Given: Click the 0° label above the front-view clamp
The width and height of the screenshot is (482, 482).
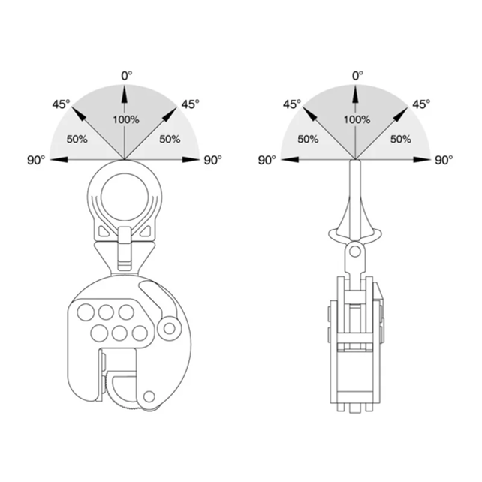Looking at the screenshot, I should [125, 75].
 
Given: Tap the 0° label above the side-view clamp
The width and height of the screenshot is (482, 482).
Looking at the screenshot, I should [357, 75].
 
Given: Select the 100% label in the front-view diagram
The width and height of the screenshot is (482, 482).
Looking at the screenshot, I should [125, 119].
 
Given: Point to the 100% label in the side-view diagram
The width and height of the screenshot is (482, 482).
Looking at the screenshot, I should [357, 119].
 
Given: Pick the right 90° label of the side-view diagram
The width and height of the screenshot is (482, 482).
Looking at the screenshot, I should [445, 160].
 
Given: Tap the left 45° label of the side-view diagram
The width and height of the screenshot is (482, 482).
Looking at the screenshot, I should [292, 104].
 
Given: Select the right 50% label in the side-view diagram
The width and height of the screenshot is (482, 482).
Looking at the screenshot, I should [400, 139].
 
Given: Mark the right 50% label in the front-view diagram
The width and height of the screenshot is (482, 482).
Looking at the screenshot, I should [170, 139].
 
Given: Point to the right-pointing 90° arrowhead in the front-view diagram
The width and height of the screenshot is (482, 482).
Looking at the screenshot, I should [192, 160].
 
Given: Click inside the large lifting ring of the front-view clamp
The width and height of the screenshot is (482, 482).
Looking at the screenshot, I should [124, 194].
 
